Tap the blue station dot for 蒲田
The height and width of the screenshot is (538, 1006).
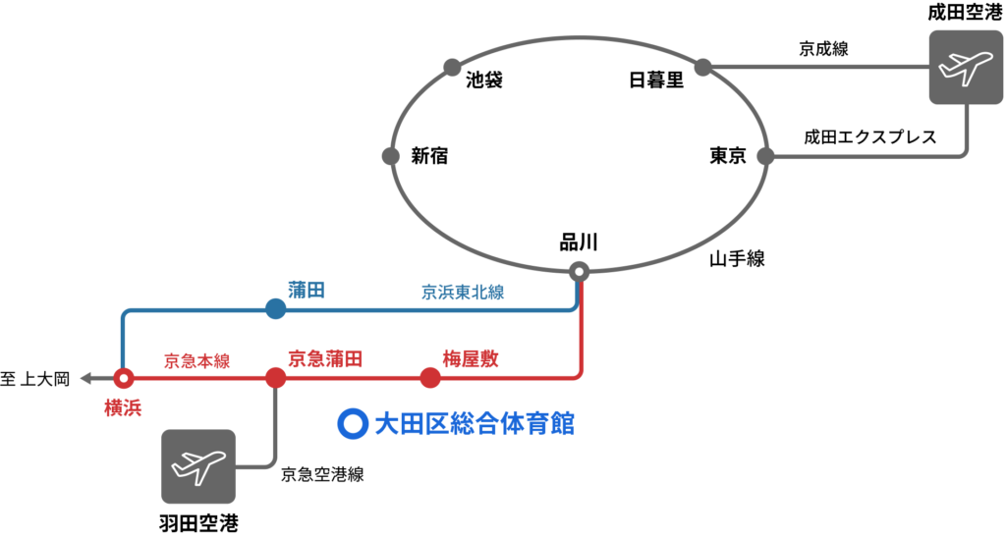pyautogui.click(x=275, y=308)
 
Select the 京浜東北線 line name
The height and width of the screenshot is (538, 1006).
pyautogui.click(x=462, y=292)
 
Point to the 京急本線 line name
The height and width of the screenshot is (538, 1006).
pyautogui.click(x=196, y=360)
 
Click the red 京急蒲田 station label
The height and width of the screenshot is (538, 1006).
pyautogui.click(x=325, y=358)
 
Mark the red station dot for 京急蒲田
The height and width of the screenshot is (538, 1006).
pyautogui.click(x=275, y=378)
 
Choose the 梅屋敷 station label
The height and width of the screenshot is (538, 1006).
pyautogui.click(x=470, y=358)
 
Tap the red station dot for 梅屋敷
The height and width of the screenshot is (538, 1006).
pyautogui.click(x=430, y=378)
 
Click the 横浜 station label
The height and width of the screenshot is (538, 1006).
pyautogui.click(x=123, y=407)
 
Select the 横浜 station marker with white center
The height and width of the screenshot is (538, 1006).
pyautogui.click(x=123, y=378)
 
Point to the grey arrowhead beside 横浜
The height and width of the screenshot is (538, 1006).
pyautogui.click(x=85, y=378)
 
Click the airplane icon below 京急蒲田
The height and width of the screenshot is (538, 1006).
pyautogui.click(x=198, y=466)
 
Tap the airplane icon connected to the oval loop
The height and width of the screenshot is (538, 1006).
pyautogui.click(x=966, y=67)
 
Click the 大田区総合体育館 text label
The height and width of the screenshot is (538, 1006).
pyautogui.click(x=475, y=423)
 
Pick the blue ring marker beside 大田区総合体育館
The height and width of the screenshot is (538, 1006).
pyautogui.click(x=353, y=423)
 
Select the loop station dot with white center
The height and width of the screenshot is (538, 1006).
pyautogui.click(x=580, y=271)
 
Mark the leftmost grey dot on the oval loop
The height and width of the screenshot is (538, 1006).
pyautogui.click(x=391, y=156)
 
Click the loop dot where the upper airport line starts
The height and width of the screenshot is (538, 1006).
pyautogui.click(x=702, y=67)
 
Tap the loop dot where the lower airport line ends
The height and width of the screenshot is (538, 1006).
pyautogui.click(x=765, y=156)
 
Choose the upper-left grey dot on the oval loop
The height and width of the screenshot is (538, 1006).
pyautogui.click(x=452, y=67)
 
